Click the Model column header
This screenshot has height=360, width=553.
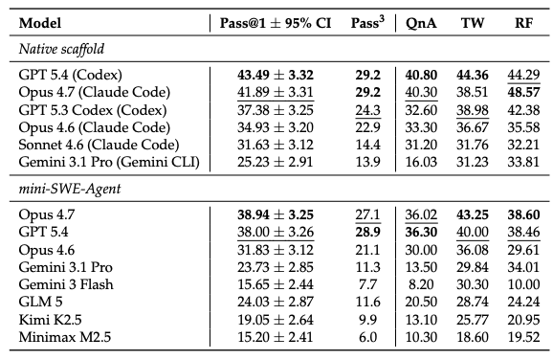[x=40, y=23]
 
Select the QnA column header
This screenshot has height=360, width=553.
[x=421, y=23]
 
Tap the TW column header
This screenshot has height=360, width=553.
[x=473, y=23]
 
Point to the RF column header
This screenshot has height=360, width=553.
[x=523, y=23]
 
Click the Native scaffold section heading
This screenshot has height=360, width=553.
[x=61, y=49]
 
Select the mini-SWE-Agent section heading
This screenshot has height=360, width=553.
[x=70, y=189]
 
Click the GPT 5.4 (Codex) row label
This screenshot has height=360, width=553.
[x=71, y=75]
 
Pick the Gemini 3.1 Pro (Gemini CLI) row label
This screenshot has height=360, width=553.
[x=109, y=162]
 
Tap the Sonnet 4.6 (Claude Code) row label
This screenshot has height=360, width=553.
[x=99, y=145]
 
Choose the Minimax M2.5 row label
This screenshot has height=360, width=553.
[x=65, y=337]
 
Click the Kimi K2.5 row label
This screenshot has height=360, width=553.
[x=50, y=320]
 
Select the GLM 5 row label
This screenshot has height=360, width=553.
[x=40, y=302]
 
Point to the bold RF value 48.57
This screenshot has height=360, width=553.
[x=523, y=93]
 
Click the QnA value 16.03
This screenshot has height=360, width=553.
[x=421, y=162]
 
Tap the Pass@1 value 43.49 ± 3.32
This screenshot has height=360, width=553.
[x=276, y=76]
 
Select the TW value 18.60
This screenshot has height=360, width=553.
[x=473, y=337]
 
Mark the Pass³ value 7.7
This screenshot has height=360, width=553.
[x=367, y=284]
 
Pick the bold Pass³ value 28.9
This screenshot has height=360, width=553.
[x=367, y=233]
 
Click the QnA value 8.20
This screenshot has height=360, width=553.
[x=421, y=284]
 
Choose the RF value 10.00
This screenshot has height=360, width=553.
[x=523, y=284]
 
